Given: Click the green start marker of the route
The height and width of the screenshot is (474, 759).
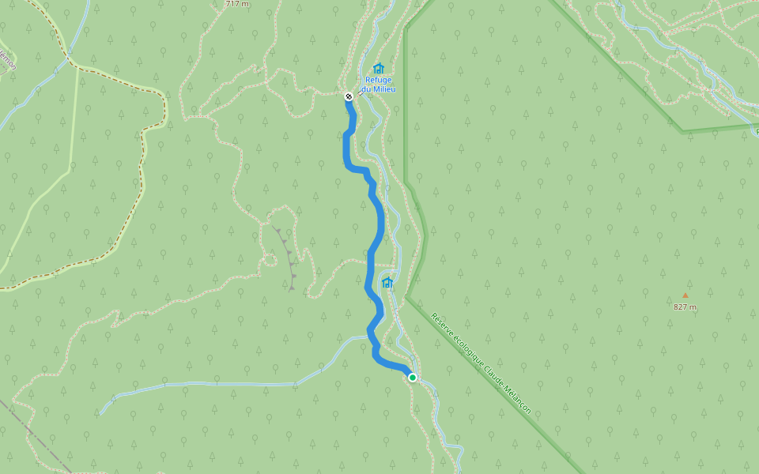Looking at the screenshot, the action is point(412,378).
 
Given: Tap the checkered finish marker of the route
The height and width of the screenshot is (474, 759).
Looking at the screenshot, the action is point(349,96).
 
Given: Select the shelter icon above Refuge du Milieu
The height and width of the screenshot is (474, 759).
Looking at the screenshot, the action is point(378,69).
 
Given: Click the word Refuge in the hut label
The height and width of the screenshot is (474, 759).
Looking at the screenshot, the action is point(378,80).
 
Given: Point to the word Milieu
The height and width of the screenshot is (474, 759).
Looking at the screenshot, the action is point(383,89).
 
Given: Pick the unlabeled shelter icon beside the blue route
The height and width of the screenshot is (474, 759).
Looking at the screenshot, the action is point(387,282).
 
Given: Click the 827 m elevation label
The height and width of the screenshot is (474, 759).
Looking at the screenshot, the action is point(685,307).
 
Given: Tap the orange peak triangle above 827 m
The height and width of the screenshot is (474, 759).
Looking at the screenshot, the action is point(685,295).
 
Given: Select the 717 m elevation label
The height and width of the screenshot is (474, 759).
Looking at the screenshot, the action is point(237,4).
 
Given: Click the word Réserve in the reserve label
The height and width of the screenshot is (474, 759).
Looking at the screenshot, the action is point(445,326).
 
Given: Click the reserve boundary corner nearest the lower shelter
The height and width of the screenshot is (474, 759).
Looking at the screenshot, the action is point(407,297).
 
